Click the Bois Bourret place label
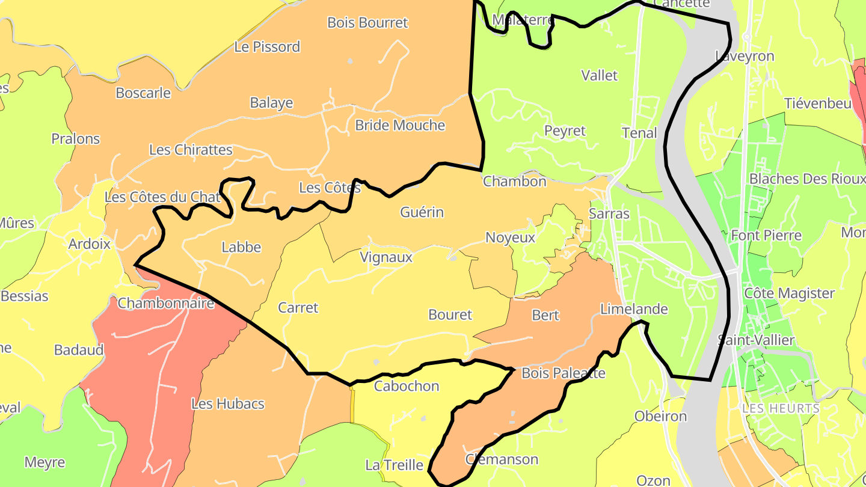coord(367,23)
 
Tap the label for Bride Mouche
coord(400,126)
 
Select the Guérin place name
coord(422,212)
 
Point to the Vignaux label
coord(386,257)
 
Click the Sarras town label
coord(609,214)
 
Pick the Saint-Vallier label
coord(756,340)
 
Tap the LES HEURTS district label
coord(781,409)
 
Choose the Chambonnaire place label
coord(165,303)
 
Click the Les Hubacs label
coord(227,404)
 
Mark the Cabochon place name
coord(407,386)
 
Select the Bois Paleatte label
coord(563,373)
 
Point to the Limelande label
coord(634,309)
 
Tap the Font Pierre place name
coord(766,235)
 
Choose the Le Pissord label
coord(267,47)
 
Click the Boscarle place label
coord(143,93)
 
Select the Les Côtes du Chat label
coord(162,197)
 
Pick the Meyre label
coord(45,463)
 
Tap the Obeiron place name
coord(660,417)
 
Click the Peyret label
coord(564,131)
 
